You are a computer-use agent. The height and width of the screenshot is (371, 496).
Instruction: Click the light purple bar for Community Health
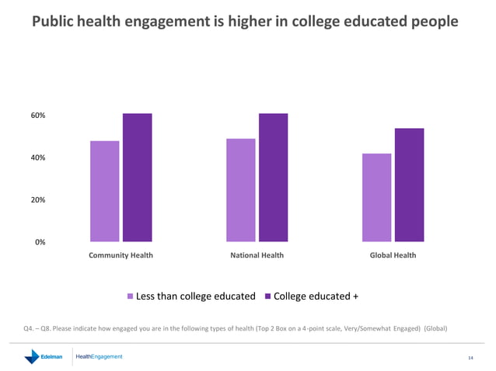point(104,191)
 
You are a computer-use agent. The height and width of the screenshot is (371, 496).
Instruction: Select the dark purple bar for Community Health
point(137,178)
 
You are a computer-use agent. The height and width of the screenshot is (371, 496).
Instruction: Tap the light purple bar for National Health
point(240,190)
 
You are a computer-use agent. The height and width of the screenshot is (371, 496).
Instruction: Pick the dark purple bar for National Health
point(273,178)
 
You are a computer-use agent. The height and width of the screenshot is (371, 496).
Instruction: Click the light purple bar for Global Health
point(376,197)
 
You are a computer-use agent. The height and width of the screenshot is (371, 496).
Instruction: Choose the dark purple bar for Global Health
point(409,185)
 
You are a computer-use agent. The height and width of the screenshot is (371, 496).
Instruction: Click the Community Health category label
point(121,255)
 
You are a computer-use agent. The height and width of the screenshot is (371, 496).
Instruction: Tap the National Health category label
point(257,255)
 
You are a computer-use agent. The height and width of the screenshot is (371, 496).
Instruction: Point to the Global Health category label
point(393,255)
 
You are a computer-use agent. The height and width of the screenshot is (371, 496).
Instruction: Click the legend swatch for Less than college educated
point(131,296)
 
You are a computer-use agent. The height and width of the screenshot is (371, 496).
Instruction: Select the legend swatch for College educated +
point(268,296)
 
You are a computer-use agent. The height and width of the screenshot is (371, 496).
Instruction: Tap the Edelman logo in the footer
point(44,357)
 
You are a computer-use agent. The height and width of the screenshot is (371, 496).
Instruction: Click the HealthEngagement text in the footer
point(99,356)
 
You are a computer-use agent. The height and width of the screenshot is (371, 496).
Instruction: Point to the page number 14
point(470,358)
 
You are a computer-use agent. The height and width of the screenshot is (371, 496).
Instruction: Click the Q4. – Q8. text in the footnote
point(38,328)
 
